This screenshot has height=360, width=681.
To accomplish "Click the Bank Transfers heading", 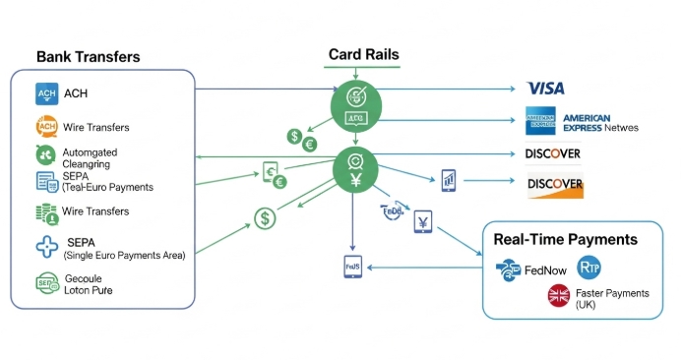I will (88, 57).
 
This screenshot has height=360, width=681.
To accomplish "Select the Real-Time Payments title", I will (565, 239).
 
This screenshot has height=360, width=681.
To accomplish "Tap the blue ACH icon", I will (46, 94).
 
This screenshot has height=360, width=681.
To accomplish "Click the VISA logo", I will (545, 89).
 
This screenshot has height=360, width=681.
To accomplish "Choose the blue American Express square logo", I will (540, 120).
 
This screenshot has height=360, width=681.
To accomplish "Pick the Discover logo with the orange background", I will (555, 184).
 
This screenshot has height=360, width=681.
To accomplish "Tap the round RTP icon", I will (589, 266).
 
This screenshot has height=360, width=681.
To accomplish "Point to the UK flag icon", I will (560, 295).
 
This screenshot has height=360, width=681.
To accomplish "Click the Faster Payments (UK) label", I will (612, 299).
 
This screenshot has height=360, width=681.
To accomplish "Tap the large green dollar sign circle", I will (265, 218).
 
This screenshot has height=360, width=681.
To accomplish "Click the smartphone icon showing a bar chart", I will (448, 179).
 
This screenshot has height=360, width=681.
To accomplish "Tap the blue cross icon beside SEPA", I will (46, 248).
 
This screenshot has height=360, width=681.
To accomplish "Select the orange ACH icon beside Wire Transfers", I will (46, 126).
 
